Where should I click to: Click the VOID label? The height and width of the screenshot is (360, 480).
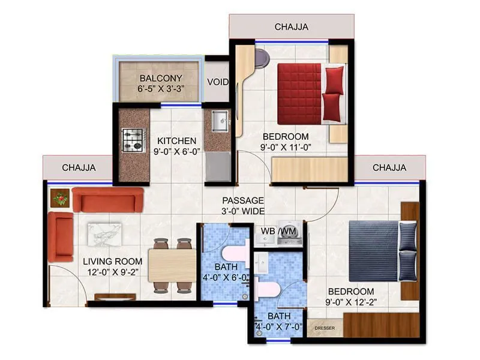(217, 82)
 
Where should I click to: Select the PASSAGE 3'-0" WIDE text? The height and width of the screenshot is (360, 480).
(243, 205)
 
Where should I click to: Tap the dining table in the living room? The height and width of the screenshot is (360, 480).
(172, 265)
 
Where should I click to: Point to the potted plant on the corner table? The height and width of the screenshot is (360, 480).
(60, 197)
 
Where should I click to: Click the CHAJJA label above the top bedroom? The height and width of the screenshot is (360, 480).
(292, 26)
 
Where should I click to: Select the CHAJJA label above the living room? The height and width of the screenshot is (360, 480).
(79, 167)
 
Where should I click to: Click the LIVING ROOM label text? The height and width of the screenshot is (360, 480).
(113, 261)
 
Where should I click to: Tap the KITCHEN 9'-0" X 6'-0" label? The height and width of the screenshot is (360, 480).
(177, 145)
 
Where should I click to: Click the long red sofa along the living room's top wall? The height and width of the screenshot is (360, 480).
(108, 199)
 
